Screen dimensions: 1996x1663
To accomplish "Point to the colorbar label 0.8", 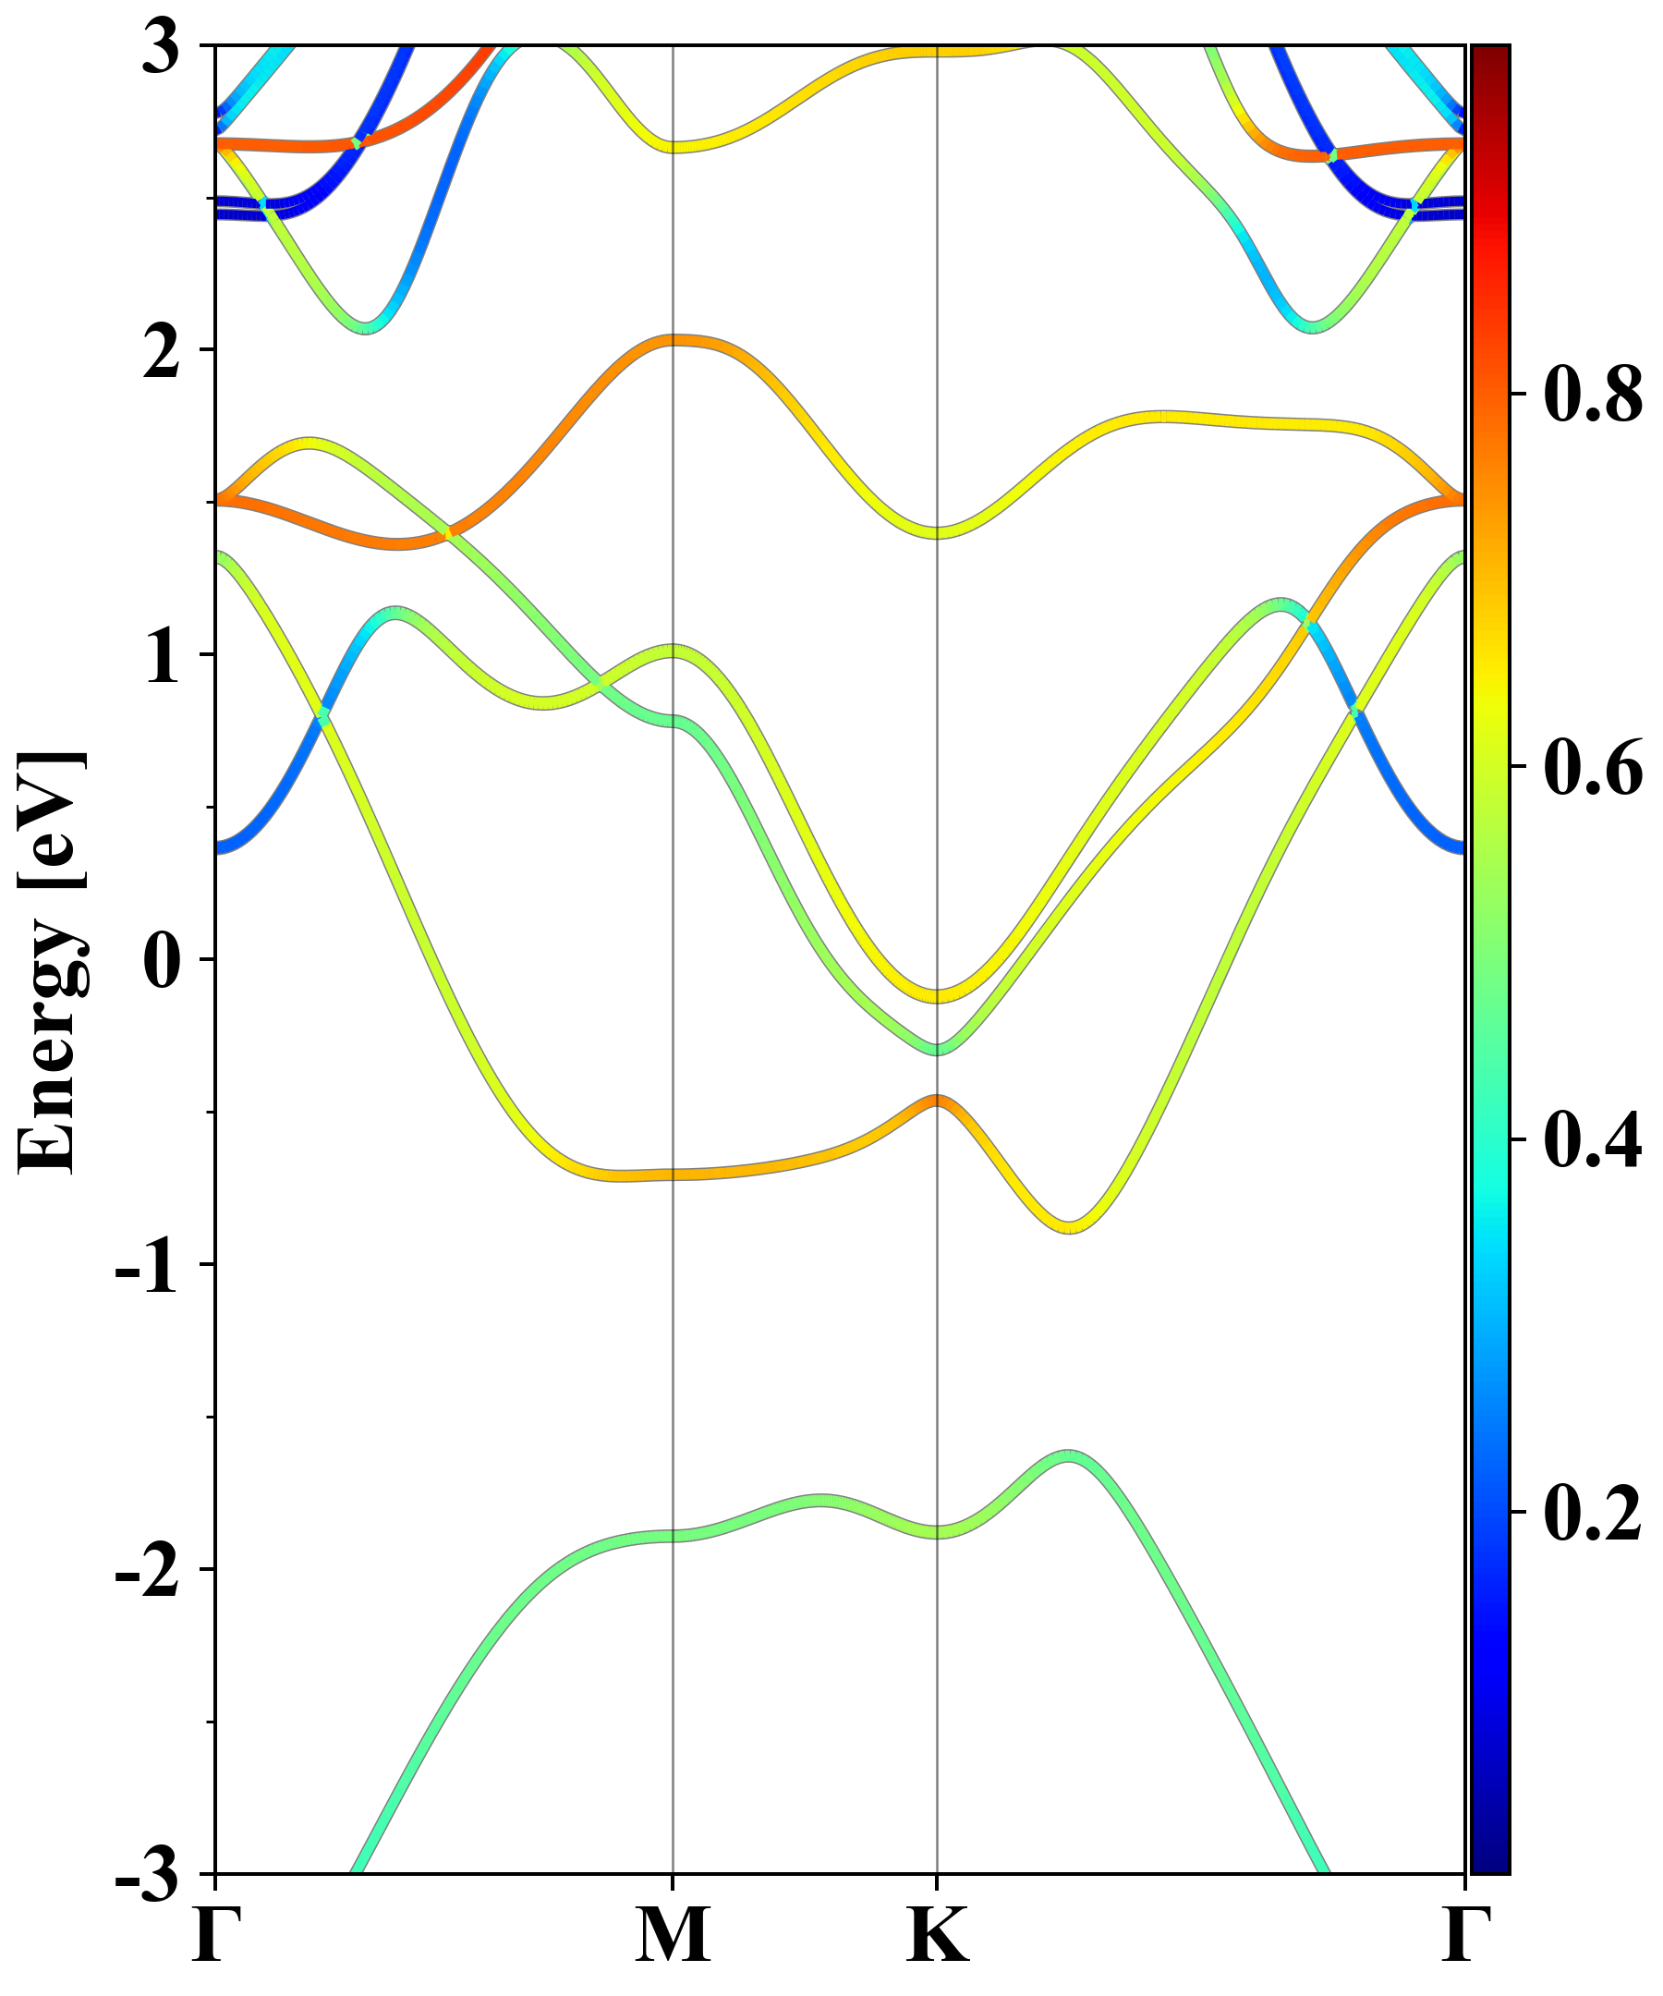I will (x=1593, y=394).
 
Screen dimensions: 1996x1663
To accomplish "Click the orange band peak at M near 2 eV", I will (x=673, y=340).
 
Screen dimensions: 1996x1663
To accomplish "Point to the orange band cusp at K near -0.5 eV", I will (x=937, y=1101).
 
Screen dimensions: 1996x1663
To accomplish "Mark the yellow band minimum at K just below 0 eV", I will (x=937, y=995).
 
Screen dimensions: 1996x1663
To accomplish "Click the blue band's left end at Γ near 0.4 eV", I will (x=221, y=846).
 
